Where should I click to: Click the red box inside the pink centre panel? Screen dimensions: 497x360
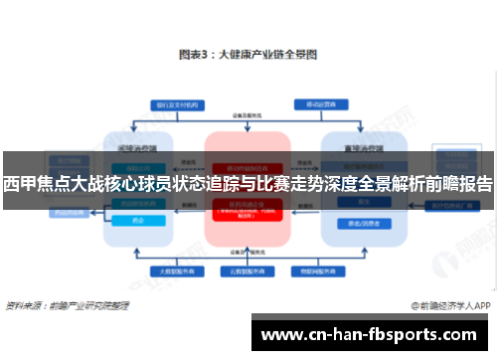click(248, 211)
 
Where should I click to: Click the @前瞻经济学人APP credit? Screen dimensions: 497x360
click(448, 306)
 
